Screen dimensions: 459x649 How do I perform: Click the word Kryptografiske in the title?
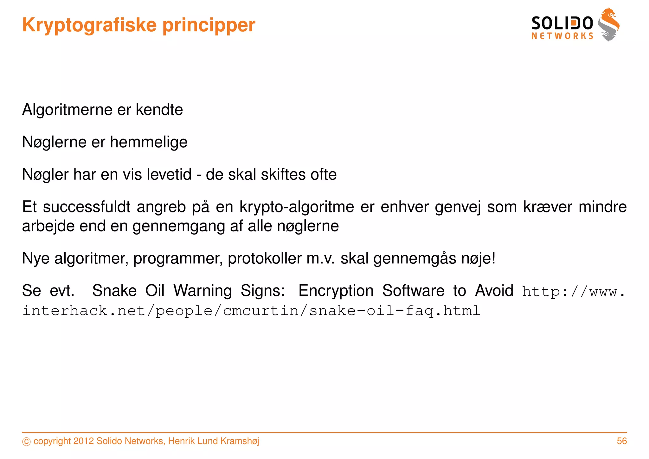coord(89,25)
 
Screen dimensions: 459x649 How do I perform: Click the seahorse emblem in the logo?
coord(608,25)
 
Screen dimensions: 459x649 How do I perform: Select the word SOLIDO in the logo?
coord(562,23)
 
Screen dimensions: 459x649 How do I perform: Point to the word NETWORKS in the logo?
coord(562,36)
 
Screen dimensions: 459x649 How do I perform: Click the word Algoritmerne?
coord(67,110)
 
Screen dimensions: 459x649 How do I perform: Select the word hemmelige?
coord(149,142)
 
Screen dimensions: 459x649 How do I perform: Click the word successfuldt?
coord(87,207)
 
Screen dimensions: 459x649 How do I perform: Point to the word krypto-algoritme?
coord(297,207)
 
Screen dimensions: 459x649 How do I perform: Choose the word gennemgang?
coord(178,226)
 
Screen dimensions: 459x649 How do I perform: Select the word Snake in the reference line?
coord(114,291)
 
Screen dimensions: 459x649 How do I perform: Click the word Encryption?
coord(336,291)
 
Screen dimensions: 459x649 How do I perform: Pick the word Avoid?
coord(494,291)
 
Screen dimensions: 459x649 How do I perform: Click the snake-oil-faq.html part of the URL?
coord(395,311)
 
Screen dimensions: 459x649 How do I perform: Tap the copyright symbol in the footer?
coord(26,442)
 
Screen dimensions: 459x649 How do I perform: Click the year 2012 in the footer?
coord(83,441)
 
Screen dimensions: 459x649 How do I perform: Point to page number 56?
coord(622,441)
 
